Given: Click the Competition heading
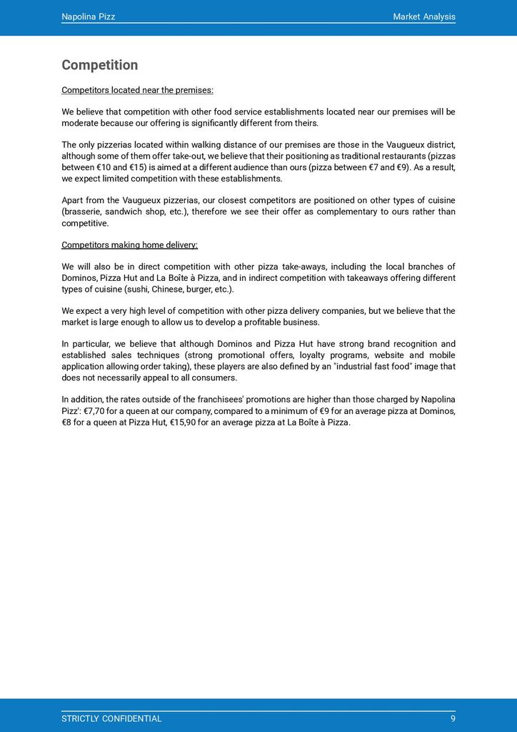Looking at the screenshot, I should pos(99,65).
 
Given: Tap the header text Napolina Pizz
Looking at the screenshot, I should pos(88,16).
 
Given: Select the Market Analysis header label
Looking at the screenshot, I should pos(423,16).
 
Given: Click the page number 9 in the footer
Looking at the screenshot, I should pos(453,718).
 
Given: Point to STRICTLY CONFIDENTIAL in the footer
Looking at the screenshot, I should pos(111,718).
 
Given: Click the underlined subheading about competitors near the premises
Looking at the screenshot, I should pos(137,90).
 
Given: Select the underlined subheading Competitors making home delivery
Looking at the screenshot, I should pos(129,244).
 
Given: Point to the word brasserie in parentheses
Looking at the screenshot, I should pos(84,212).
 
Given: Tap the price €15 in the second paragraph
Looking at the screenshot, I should pos(134,167).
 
